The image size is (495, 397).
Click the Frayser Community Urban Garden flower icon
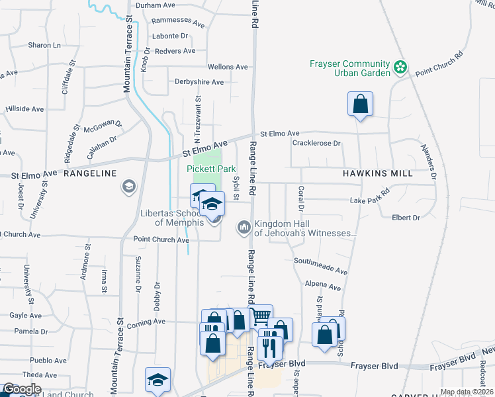pos(400,67)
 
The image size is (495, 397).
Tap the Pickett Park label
pos(211,169)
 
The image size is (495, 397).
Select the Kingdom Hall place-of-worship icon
pos(244,228)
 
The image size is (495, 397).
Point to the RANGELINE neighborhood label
pos(90,173)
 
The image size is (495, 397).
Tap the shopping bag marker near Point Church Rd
pos(360,105)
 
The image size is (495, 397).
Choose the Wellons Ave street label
pos(228,67)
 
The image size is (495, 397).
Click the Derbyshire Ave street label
pos(199,82)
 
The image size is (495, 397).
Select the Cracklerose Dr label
pos(316,143)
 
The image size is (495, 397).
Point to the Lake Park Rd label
pos(370,200)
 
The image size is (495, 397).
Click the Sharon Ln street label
pos(44,45)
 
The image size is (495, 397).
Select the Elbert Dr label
pos(406,218)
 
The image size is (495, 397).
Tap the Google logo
pos(22,389)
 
